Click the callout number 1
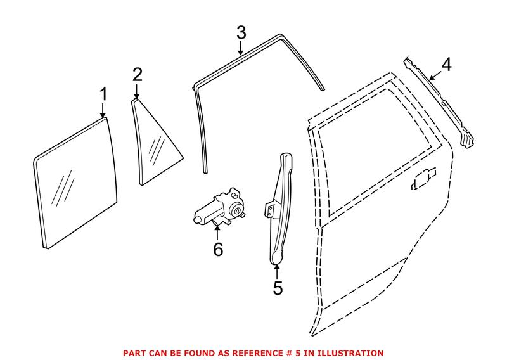click(103, 95)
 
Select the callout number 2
click(138, 75)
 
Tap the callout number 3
click(241, 32)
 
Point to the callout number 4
click(446, 65)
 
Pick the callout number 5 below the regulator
click(278, 288)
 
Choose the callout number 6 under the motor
click(218, 250)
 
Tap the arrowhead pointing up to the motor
click(218, 229)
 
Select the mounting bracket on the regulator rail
click(270, 209)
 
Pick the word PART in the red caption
click(135, 352)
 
